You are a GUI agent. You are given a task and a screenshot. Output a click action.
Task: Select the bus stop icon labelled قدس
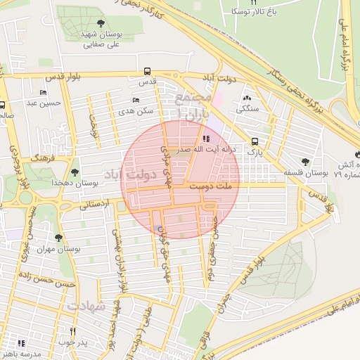[x=147, y=71]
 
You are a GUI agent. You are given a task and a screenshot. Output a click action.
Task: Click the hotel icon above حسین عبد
[x=44, y=92]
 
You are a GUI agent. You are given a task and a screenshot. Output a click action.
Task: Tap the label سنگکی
[x=247, y=108]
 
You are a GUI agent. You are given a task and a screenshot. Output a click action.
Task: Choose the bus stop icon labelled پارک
[x=254, y=141]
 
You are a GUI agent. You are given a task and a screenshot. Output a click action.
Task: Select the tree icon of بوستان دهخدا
[x=75, y=172]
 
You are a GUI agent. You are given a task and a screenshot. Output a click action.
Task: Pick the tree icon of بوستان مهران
[x=58, y=238]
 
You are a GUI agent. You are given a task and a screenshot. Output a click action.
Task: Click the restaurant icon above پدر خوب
[x=72, y=330]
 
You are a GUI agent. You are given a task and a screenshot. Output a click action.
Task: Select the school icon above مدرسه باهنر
[x=21, y=343]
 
